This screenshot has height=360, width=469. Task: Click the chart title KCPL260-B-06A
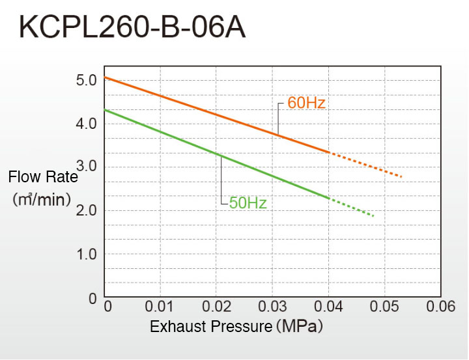(x=133, y=28)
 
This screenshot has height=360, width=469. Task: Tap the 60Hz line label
(x=306, y=103)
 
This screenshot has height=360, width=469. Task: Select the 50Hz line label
(x=248, y=203)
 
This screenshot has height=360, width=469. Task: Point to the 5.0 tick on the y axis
(x=86, y=81)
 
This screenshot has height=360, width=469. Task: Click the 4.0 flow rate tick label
(x=86, y=124)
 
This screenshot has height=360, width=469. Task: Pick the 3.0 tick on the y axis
(x=87, y=167)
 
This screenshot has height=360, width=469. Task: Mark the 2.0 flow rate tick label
(x=86, y=210)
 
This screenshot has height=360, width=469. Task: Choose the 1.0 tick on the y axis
(x=86, y=254)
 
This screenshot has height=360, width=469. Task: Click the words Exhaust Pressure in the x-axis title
(x=210, y=326)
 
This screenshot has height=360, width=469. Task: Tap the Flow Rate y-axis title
(x=43, y=177)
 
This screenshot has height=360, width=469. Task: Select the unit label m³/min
(x=42, y=199)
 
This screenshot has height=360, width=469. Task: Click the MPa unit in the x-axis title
(x=300, y=326)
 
